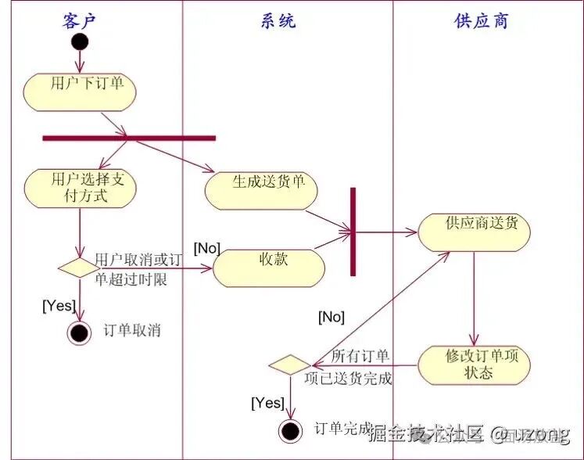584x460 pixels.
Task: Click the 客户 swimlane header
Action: click(79, 20)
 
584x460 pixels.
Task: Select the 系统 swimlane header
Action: click(278, 20)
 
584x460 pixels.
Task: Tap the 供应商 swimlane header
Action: click(481, 20)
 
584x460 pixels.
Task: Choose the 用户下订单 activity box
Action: click(79, 92)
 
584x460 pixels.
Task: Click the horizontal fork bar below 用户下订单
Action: click(129, 138)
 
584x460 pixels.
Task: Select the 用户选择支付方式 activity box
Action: click(79, 189)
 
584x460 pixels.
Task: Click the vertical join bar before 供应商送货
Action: click(353, 232)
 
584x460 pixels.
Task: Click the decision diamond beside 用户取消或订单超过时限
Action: click(79, 267)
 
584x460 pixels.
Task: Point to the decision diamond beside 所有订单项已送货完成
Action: click(289, 365)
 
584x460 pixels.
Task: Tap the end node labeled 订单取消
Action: click(79, 332)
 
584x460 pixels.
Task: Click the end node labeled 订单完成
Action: click(290, 430)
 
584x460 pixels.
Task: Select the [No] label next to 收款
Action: click(206, 249)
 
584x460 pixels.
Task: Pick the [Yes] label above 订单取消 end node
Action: click(59, 305)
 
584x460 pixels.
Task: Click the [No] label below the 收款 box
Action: click(331, 317)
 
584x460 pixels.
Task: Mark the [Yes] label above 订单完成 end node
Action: click(267, 403)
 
